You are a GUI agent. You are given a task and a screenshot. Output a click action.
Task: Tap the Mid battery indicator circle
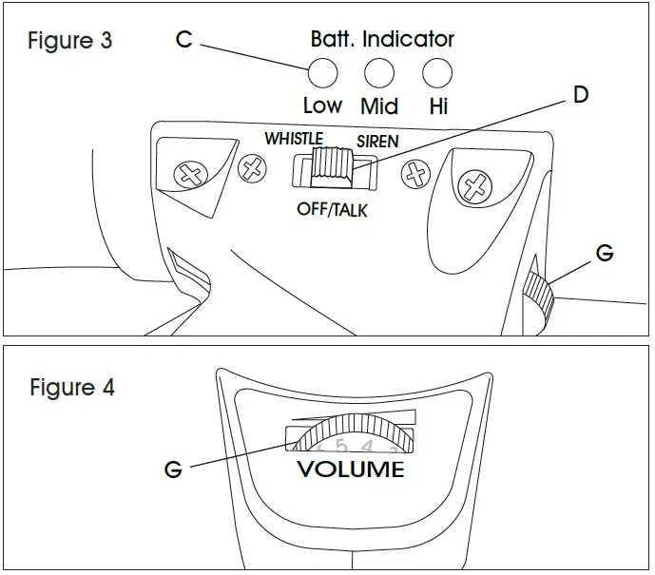point(379,72)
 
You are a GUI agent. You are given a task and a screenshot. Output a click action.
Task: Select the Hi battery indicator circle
point(436,72)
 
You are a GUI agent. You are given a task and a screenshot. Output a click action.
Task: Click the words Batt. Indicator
point(382,39)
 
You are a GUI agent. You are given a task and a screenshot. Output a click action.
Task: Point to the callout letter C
point(184,40)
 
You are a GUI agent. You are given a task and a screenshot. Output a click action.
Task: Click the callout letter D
point(581,96)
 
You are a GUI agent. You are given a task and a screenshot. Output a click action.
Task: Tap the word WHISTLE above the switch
point(294,139)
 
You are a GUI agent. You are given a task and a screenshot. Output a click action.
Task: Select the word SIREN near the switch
point(377,142)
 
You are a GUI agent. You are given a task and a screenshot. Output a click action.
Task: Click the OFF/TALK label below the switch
point(332,209)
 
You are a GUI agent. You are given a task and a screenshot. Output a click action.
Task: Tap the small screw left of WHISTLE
point(252,169)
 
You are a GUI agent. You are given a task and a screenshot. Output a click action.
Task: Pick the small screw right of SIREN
point(414,174)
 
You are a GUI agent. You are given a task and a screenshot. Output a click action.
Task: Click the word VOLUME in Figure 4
point(350,470)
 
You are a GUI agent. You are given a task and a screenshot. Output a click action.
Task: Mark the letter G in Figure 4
point(173,470)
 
